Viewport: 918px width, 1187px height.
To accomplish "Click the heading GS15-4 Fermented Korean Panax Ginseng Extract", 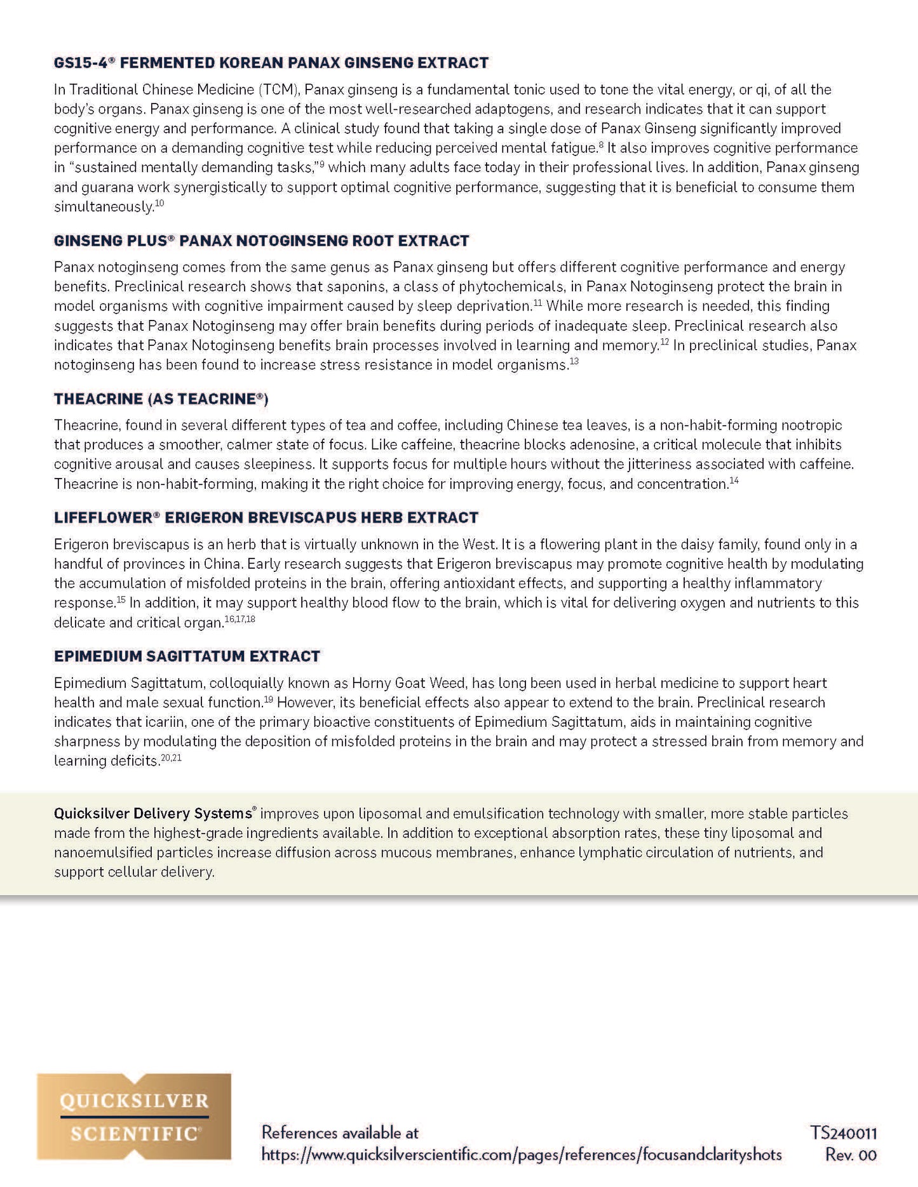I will pyautogui.click(x=271, y=63).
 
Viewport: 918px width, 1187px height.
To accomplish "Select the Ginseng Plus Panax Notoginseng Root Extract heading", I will pyautogui.click(x=261, y=241).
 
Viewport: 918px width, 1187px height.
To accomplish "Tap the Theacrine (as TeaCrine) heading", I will pyautogui.click(x=161, y=399).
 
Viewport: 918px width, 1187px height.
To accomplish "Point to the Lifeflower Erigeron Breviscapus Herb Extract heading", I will pyautogui.click(x=266, y=517).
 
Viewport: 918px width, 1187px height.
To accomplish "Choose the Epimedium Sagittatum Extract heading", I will pyautogui.click(x=187, y=656).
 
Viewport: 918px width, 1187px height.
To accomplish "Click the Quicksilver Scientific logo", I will pyautogui.click(x=134, y=1117).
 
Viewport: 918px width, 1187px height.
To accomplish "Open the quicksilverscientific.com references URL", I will pyautogui.click(x=521, y=1155).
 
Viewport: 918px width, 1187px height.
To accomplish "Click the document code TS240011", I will pyautogui.click(x=843, y=1133).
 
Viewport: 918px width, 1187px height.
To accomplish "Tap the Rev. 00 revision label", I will pyautogui.click(x=850, y=1155).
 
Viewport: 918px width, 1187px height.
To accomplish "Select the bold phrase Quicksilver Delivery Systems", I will pyautogui.click(x=153, y=813).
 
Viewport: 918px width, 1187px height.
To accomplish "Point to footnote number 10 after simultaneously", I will pyautogui.click(x=159, y=203).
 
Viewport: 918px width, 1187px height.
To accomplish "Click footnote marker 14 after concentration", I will pyautogui.click(x=734, y=481).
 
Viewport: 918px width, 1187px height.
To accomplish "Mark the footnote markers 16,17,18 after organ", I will pyautogui.click(x=240, y=619).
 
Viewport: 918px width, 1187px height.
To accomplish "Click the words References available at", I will pyautogui.click(x=340, y=1132).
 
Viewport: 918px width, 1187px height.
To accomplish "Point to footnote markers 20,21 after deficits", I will pyautogui.click(x=171, y=757).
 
